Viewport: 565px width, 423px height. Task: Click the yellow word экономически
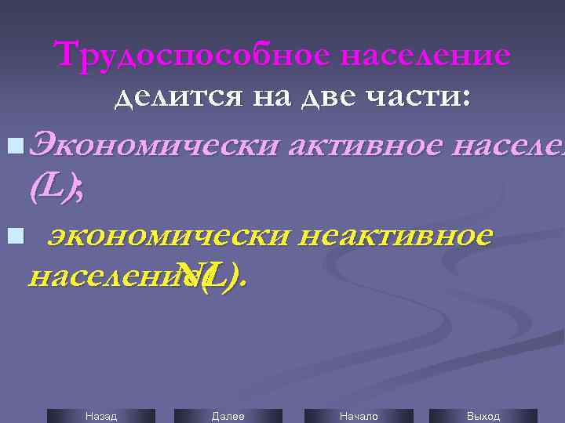[x=163, y=235]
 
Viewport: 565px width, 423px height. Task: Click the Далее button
[x=228, y=416]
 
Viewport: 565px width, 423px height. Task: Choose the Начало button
[x=358, y=416]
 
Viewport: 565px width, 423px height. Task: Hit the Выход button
[x=483, y=416]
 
